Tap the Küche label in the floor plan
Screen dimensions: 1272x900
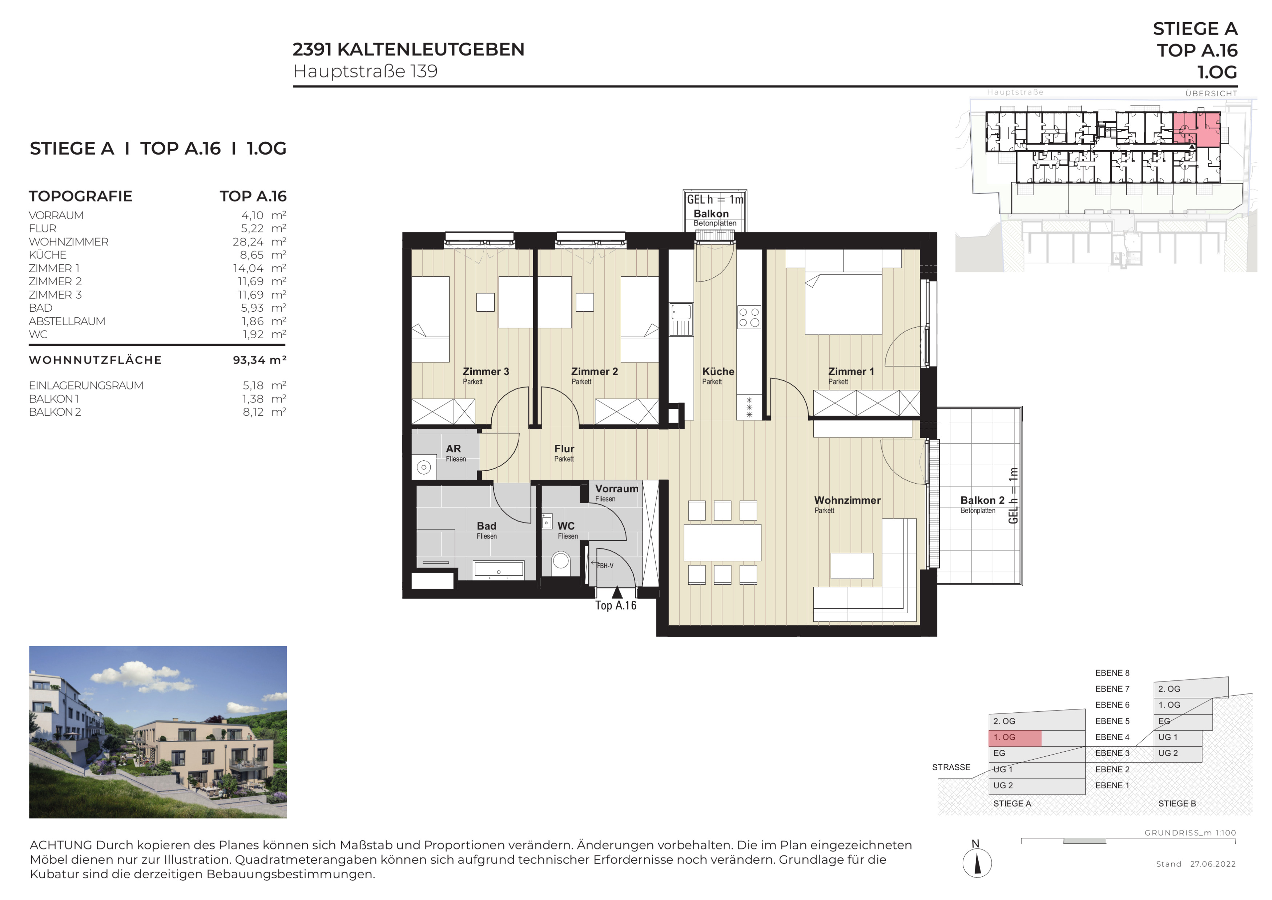[718, 372]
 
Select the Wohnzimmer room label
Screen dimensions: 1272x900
[847, 500]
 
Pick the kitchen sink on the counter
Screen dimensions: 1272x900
[681, 319]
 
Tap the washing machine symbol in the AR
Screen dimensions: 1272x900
[424, 467]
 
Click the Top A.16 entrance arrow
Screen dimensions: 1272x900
[617, 592]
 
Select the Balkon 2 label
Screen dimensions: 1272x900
[982, 500]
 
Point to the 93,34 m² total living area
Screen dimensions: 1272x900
[259, 360]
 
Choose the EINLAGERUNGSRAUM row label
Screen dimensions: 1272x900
[86, 386]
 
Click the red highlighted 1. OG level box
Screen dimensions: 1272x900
[1015, 737]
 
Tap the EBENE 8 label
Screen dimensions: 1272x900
[1112, 673]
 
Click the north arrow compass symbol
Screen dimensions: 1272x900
[977, 863]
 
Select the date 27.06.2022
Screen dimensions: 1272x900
[1213, 864]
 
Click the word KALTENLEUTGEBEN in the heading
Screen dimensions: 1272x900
[430, 49]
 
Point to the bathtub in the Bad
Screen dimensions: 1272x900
[499, 570]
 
